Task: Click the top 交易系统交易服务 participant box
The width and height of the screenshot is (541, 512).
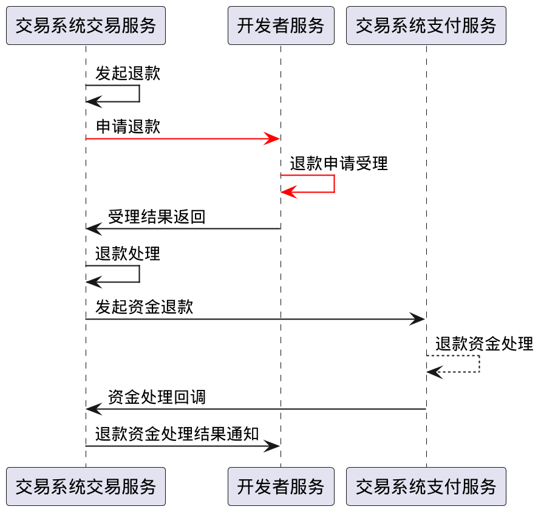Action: click(x=86, y=26)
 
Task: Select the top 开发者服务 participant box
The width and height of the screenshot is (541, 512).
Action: click(x=281, y=26)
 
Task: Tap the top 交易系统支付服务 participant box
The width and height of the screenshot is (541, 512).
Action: click(x=426, y=26)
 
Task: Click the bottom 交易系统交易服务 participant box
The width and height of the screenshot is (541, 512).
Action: click(x=86, y=486)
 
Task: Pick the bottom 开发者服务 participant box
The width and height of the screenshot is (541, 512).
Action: click(x=281, y=486)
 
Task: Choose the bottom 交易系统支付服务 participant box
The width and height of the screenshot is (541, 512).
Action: click(x=426, y=486)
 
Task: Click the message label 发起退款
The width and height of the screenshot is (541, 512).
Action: click(x=128, y=73)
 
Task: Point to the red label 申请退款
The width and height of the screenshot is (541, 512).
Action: click(x=128, y=127)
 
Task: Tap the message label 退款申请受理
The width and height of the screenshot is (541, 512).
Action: click(x=338, y=163)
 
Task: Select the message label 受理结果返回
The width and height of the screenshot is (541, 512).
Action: click(x=157, y=217)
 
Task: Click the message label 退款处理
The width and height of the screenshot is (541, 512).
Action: click(x=128, y=253)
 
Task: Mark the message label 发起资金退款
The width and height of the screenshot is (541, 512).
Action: click(x=144, y=307)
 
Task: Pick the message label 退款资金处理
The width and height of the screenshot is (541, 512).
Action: click(x=484, y=344)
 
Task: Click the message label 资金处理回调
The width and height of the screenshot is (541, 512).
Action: click(x=157, y=397)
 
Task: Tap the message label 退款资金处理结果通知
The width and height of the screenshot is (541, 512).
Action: click(x=177, y=434)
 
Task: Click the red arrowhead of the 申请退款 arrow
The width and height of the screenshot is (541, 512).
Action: click(x=273, y=139)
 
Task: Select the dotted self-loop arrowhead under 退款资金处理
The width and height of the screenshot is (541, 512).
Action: click(x=434, y=372)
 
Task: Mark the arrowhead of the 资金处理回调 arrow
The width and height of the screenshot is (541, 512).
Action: click(x=93, y=409)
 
